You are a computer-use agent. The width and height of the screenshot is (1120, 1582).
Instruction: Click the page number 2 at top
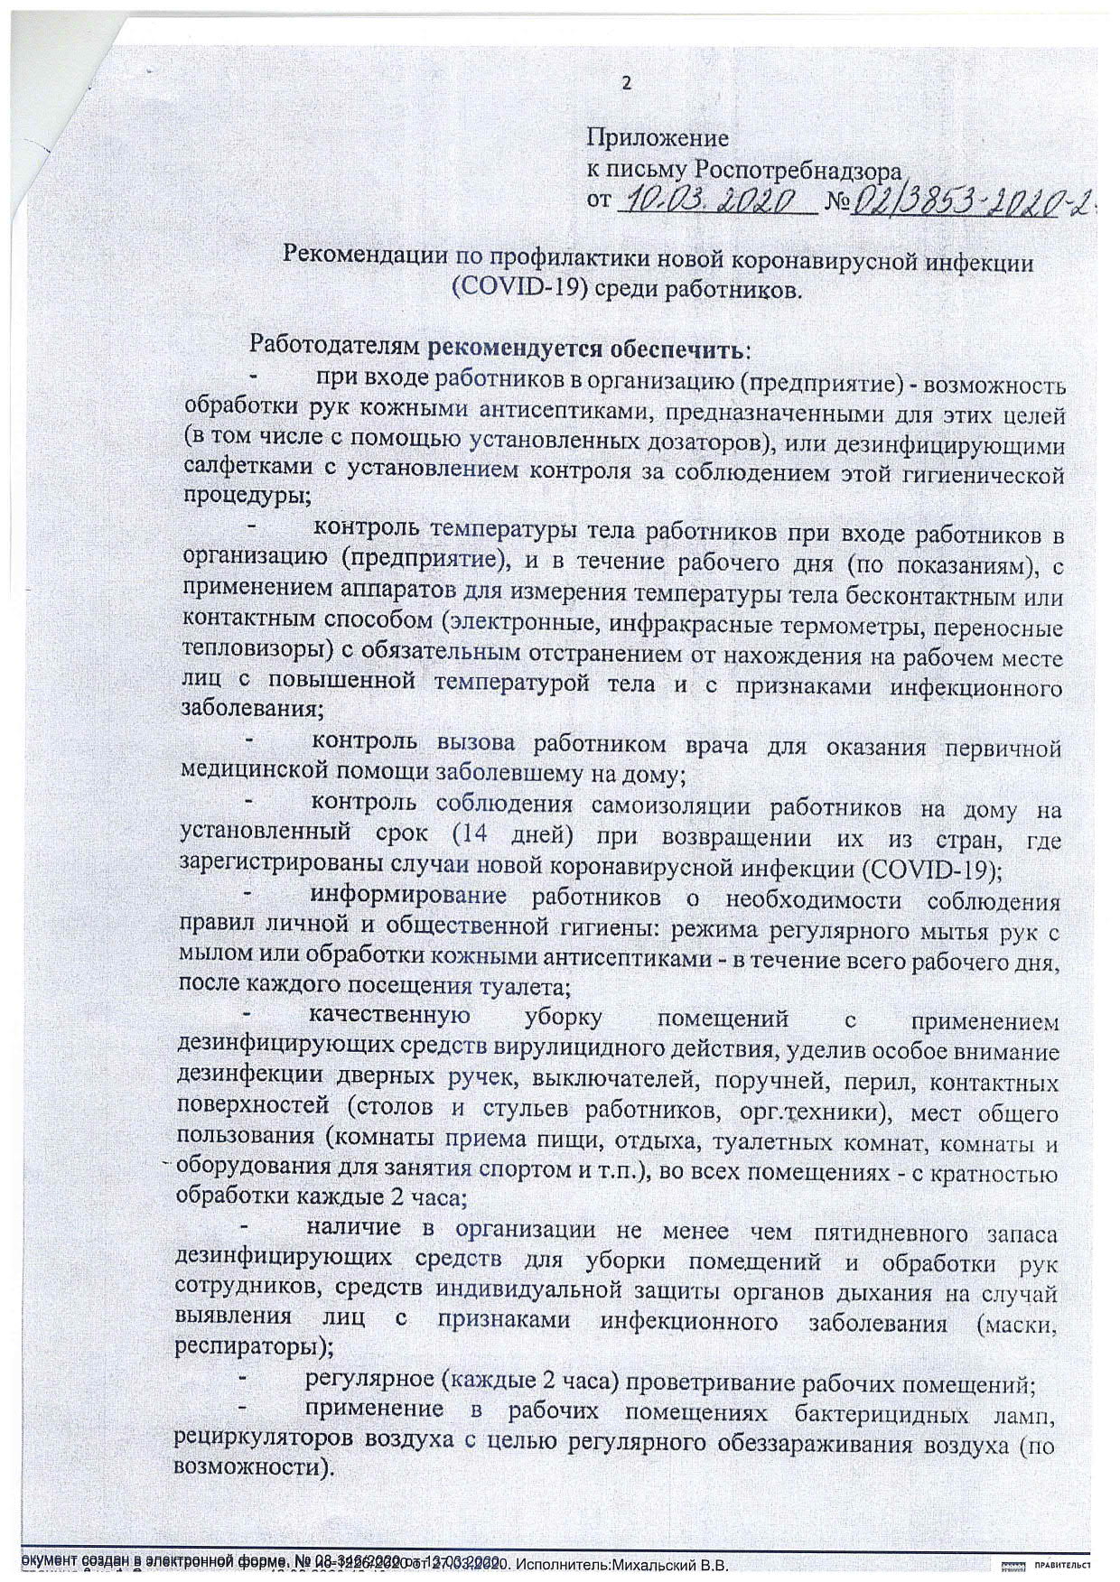coord(626,84)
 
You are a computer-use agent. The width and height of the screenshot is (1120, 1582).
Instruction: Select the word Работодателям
coord(335,346)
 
